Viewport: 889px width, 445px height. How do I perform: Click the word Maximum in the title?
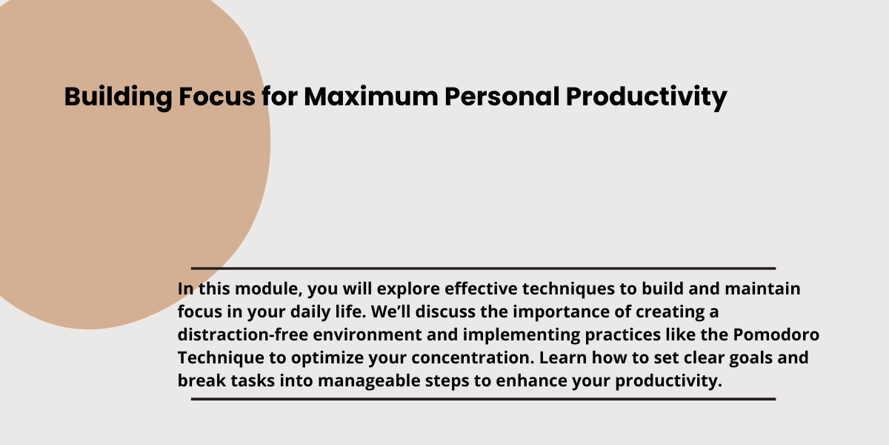tap(370, 96)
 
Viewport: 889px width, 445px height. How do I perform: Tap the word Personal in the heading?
tap(502, 96)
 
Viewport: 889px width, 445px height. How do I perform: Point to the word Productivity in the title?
tap(646, 98)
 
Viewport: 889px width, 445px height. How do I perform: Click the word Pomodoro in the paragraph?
tap(776, 334)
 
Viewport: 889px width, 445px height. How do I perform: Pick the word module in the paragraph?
tap(269, 289)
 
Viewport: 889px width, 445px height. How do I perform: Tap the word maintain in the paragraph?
tap(762, 289)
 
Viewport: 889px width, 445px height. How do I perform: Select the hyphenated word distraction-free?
tap(242, 334)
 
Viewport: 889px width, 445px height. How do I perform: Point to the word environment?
tap(367, 335)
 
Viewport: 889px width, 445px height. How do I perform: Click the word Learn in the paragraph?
tap(563, 357)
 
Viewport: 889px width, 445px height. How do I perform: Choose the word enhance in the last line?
tap(531, 380)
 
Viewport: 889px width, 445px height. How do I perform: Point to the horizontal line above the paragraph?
tap(483, 268)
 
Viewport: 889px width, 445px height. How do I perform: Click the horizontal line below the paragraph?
tap(483, 399)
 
